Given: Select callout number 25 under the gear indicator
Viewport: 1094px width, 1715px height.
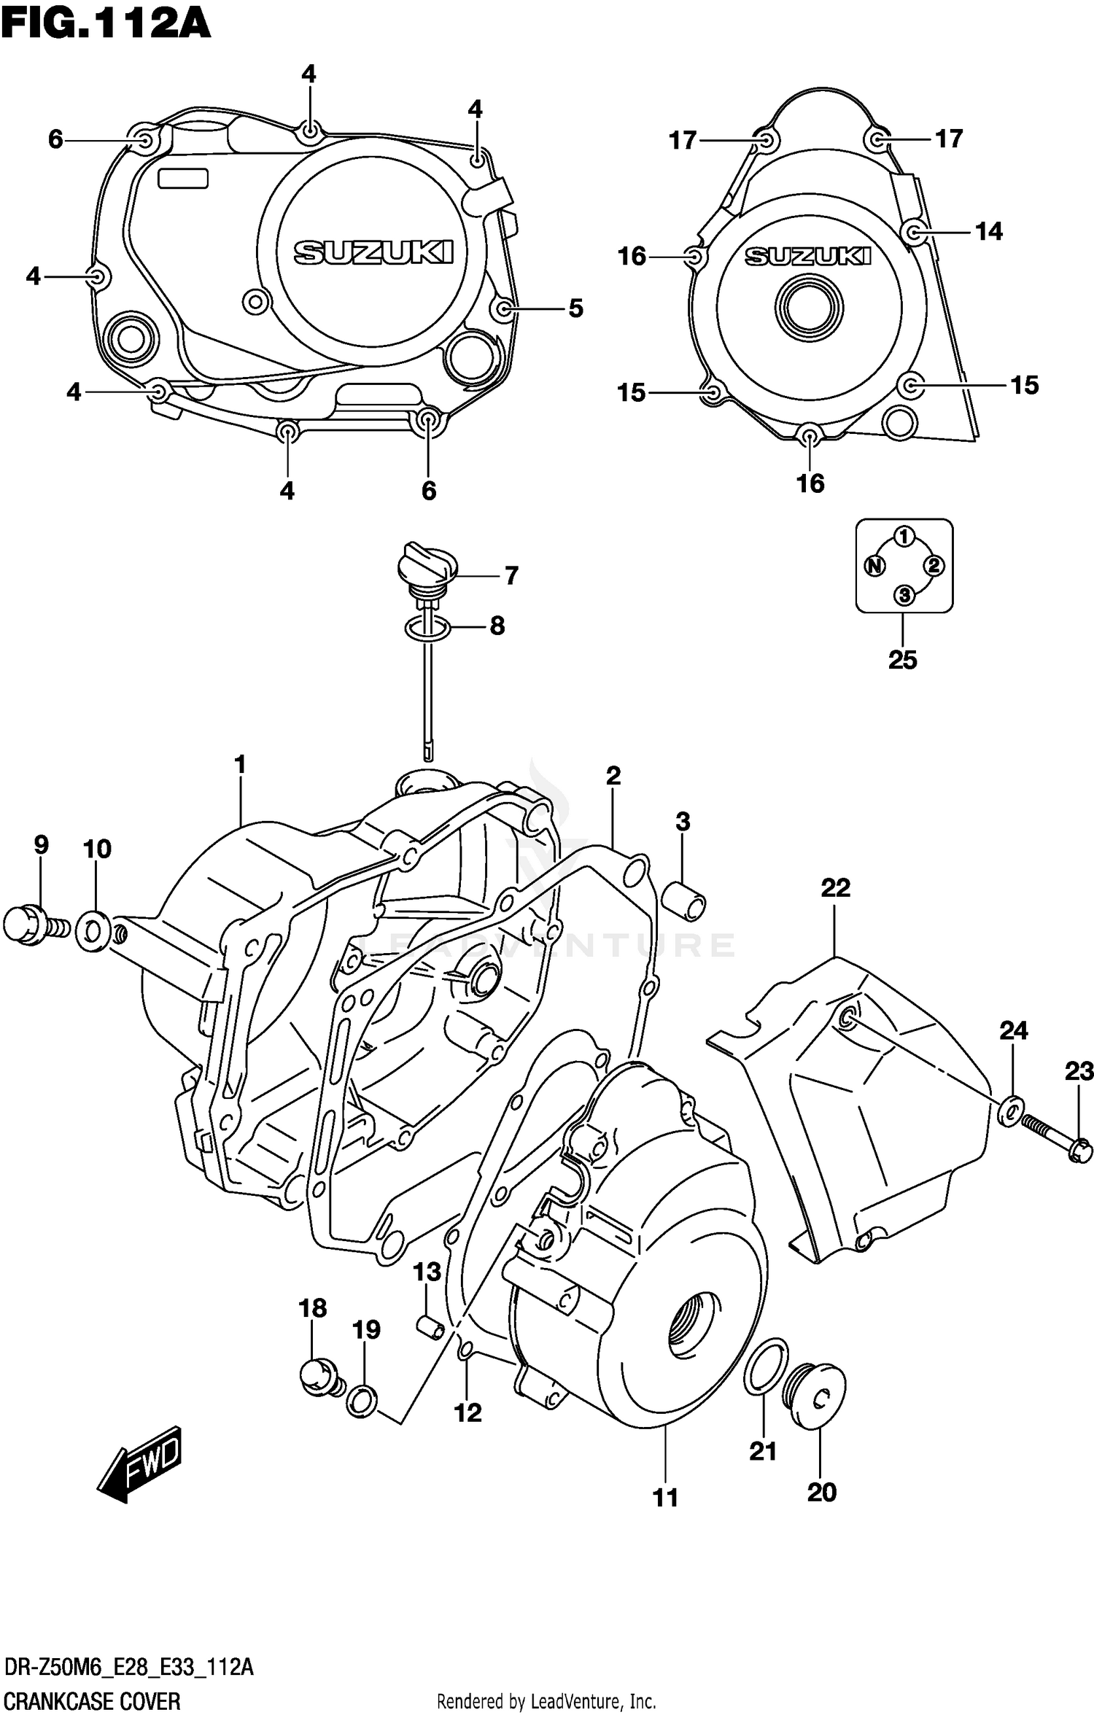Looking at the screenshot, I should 902,660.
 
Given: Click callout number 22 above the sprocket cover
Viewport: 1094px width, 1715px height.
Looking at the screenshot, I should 835,887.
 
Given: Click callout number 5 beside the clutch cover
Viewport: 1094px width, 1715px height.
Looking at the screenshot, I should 575,309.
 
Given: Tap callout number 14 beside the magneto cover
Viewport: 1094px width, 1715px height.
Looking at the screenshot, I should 989,232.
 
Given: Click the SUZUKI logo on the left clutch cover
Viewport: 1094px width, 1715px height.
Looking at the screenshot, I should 373,252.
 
